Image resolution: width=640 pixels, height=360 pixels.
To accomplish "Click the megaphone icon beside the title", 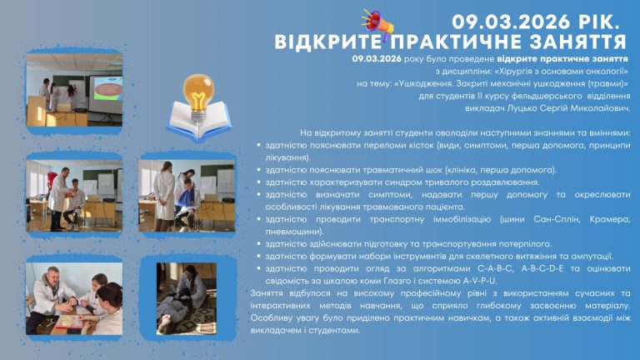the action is coord(377,23).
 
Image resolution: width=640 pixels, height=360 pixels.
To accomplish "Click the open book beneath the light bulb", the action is coord(198,121).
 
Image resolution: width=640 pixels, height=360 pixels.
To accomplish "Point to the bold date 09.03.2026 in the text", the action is coord(377,59).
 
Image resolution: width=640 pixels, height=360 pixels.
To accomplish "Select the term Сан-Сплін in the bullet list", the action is coord(557,219).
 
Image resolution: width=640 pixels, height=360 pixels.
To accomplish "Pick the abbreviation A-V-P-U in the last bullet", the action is coord(480,281).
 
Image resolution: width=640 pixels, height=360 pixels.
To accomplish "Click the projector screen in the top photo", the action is coord(106,94).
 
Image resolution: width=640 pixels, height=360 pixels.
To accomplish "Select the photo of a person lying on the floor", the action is coord(187,299).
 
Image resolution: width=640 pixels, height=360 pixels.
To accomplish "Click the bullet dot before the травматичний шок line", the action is coord(259,170).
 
